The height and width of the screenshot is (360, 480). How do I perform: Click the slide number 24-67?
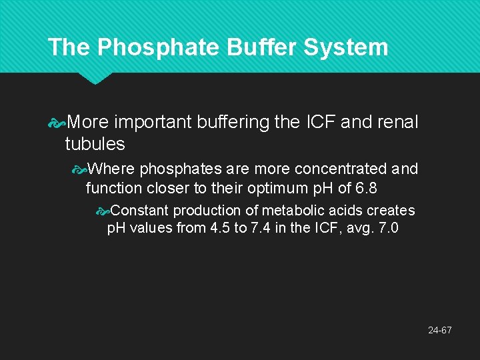point(441,330)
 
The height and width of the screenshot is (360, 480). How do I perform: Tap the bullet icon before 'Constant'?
point(102,211)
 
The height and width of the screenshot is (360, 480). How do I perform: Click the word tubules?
point(95,143)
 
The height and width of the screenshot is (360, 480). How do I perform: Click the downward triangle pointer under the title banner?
point(95,78)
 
